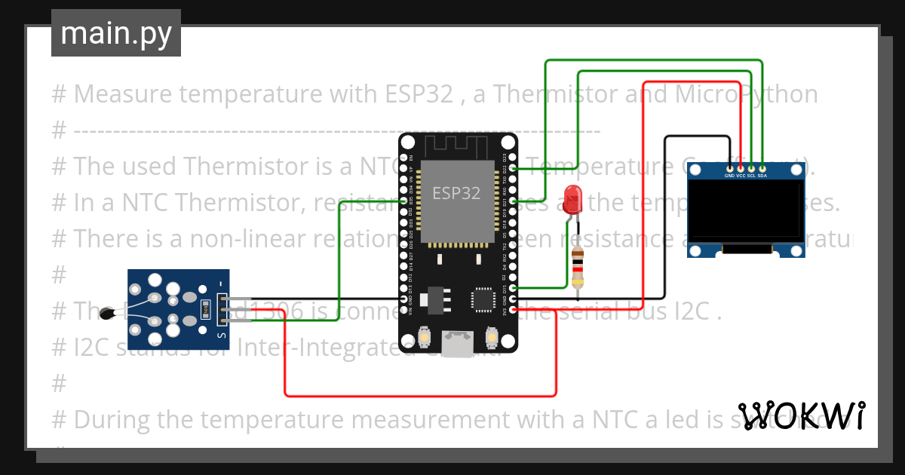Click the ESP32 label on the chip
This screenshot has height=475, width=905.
[456, 193]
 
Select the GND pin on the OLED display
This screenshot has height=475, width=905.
[729, 168]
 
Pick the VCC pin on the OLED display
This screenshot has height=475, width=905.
[741, 168]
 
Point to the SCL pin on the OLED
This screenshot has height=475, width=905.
[751, 168]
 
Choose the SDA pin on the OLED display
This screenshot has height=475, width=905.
[762, 168]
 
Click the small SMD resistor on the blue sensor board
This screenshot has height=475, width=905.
[205, 310]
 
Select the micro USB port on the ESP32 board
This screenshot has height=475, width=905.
[458, 345]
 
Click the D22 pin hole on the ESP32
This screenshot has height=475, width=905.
[513, 168]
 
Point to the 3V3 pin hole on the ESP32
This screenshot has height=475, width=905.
[513, 310]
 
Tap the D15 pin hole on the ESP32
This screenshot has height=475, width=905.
[513, 288]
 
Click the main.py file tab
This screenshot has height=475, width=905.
[116, 34]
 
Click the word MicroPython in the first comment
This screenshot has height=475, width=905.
[747, 94]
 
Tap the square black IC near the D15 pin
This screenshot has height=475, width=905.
[483, 299]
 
